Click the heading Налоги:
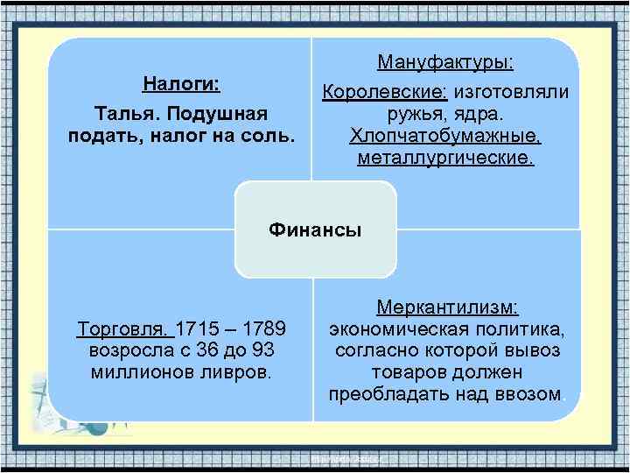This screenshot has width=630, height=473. click(182, 85)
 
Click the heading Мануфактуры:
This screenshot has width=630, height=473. click(445, 63)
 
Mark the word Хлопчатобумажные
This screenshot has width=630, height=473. click(445, 137)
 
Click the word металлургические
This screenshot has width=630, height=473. click(445, 159)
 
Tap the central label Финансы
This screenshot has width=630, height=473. click(315, 229)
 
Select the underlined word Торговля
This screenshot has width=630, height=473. click(125, 329)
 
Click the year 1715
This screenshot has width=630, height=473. click(198, 329)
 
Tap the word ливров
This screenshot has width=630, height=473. click(238, 372)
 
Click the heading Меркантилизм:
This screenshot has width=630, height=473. click(447, 307)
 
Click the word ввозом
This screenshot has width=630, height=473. click(528, 394)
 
